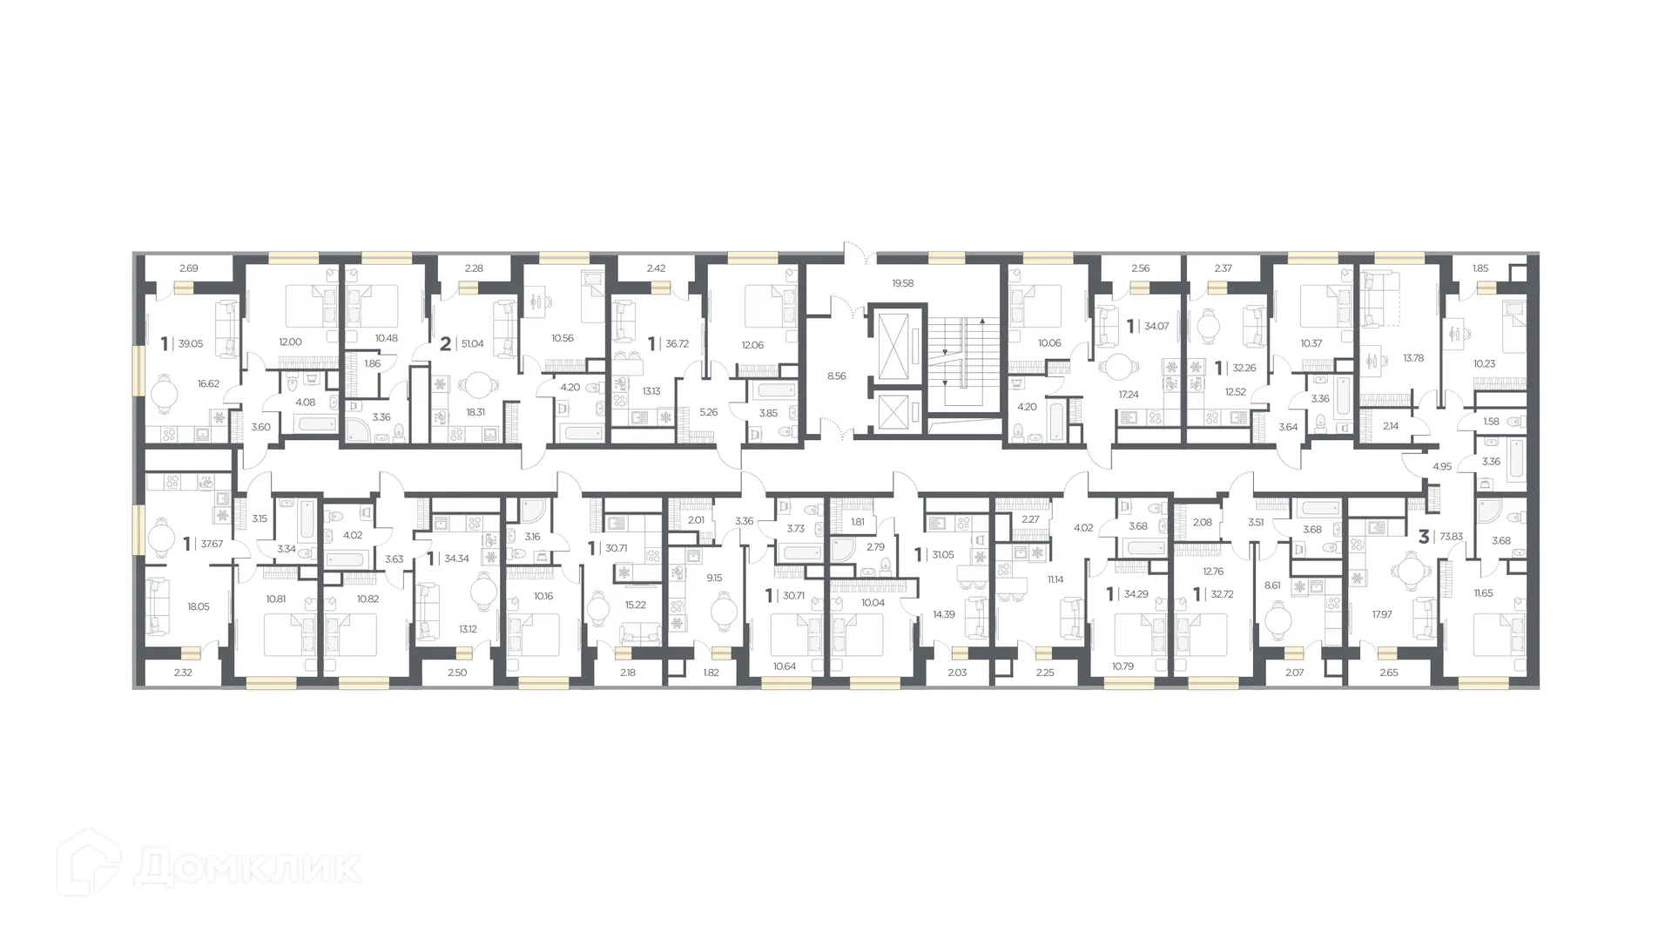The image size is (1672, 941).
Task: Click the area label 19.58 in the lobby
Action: coord(901,283)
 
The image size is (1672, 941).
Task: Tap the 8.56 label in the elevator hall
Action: coord(836,376)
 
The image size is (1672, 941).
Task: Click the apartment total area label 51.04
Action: coord(473,344)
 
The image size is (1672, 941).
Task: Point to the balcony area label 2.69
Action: coord(188,268)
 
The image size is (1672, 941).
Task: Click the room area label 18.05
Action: coord(198,606)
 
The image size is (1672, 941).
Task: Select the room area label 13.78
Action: coord(1412,358)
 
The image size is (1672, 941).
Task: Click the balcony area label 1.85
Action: coord(1480,268)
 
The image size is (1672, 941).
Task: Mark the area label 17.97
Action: coord(1382,614)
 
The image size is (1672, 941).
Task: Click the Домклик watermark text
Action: coord(248,868)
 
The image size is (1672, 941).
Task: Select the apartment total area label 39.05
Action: coord(190,344)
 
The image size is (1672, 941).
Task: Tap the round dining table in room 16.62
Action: coord(165,396)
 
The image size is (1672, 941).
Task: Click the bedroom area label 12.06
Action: coord(752,345)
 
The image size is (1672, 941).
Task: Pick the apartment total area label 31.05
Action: coord(942,555)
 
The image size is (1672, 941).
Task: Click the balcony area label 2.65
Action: coord(1388,673)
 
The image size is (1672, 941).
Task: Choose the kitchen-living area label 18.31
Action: coord(475,412)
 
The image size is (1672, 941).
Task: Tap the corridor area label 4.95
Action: coord(1442,467)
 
